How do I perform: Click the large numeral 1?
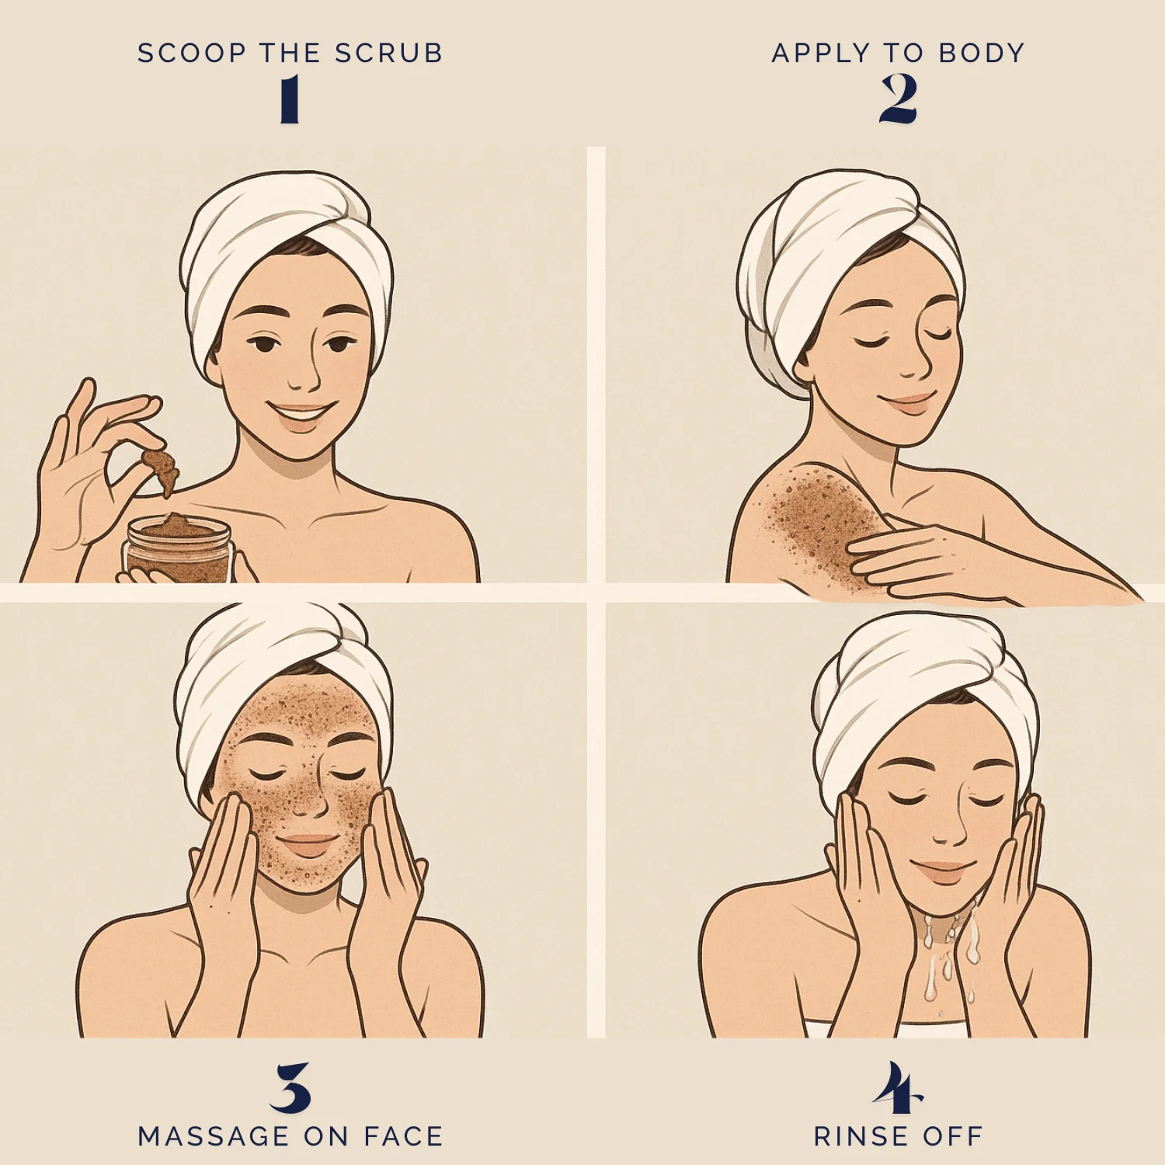tap(290, 99)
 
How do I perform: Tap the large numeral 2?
tap(899, 99)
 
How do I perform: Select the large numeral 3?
tap(290, 1087)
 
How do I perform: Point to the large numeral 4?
tap(898, 1087)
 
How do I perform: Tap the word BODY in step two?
tap(982, 53)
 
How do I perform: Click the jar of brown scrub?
tap(178, 548)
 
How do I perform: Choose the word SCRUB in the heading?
tap(388, 53)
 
